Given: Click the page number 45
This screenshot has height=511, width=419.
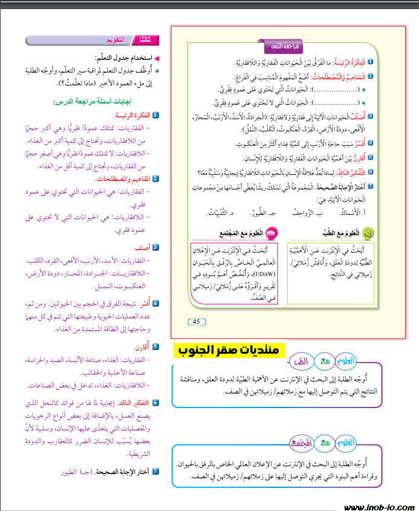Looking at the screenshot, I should (196, 321).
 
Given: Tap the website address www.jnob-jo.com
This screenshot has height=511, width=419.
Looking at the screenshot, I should (378, 506).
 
